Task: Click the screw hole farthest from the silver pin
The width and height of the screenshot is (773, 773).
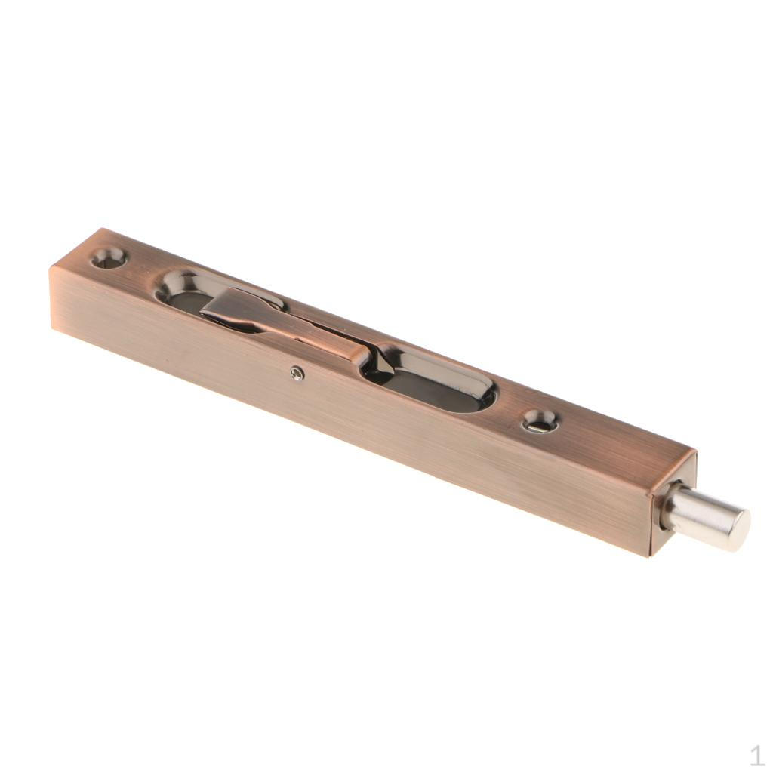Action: (109, 259)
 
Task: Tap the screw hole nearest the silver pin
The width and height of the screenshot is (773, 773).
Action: (540, 421)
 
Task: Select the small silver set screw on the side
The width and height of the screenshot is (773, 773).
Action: (297, 371)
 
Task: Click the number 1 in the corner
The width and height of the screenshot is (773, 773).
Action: (756, 755)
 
